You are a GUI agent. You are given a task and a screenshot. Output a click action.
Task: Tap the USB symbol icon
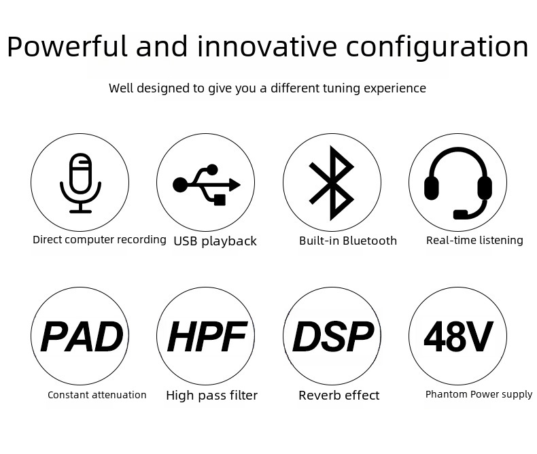point(206,185)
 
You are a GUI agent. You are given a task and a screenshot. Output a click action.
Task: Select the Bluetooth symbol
point(331,184)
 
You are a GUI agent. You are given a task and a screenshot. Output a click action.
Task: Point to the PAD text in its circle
point(82,337)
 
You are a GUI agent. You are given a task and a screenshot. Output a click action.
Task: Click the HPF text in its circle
point(207,337)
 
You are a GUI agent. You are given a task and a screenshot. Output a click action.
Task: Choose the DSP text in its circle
point(333,337)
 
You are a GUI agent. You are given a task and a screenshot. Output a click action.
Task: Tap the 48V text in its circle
point(459,336)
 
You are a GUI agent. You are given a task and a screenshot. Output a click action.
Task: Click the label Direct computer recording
point(99,240)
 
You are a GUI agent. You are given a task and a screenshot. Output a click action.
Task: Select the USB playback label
point(215,241)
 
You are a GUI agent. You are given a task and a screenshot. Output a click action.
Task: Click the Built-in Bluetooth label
point(348,241)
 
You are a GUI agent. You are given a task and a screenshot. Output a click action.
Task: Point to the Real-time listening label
point(474,241)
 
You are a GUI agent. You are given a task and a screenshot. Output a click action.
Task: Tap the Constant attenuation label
point(97,395)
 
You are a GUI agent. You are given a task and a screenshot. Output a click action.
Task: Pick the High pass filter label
point(211,396)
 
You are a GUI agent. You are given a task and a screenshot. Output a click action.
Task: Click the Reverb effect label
point(339,395)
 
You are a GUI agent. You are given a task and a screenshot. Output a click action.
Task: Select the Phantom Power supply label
point(479,394)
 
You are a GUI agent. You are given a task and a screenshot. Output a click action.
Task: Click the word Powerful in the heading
point(67,46)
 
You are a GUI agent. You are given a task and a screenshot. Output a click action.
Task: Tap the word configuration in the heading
point(437,48)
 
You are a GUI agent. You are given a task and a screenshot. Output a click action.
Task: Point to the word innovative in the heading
point(267,46)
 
